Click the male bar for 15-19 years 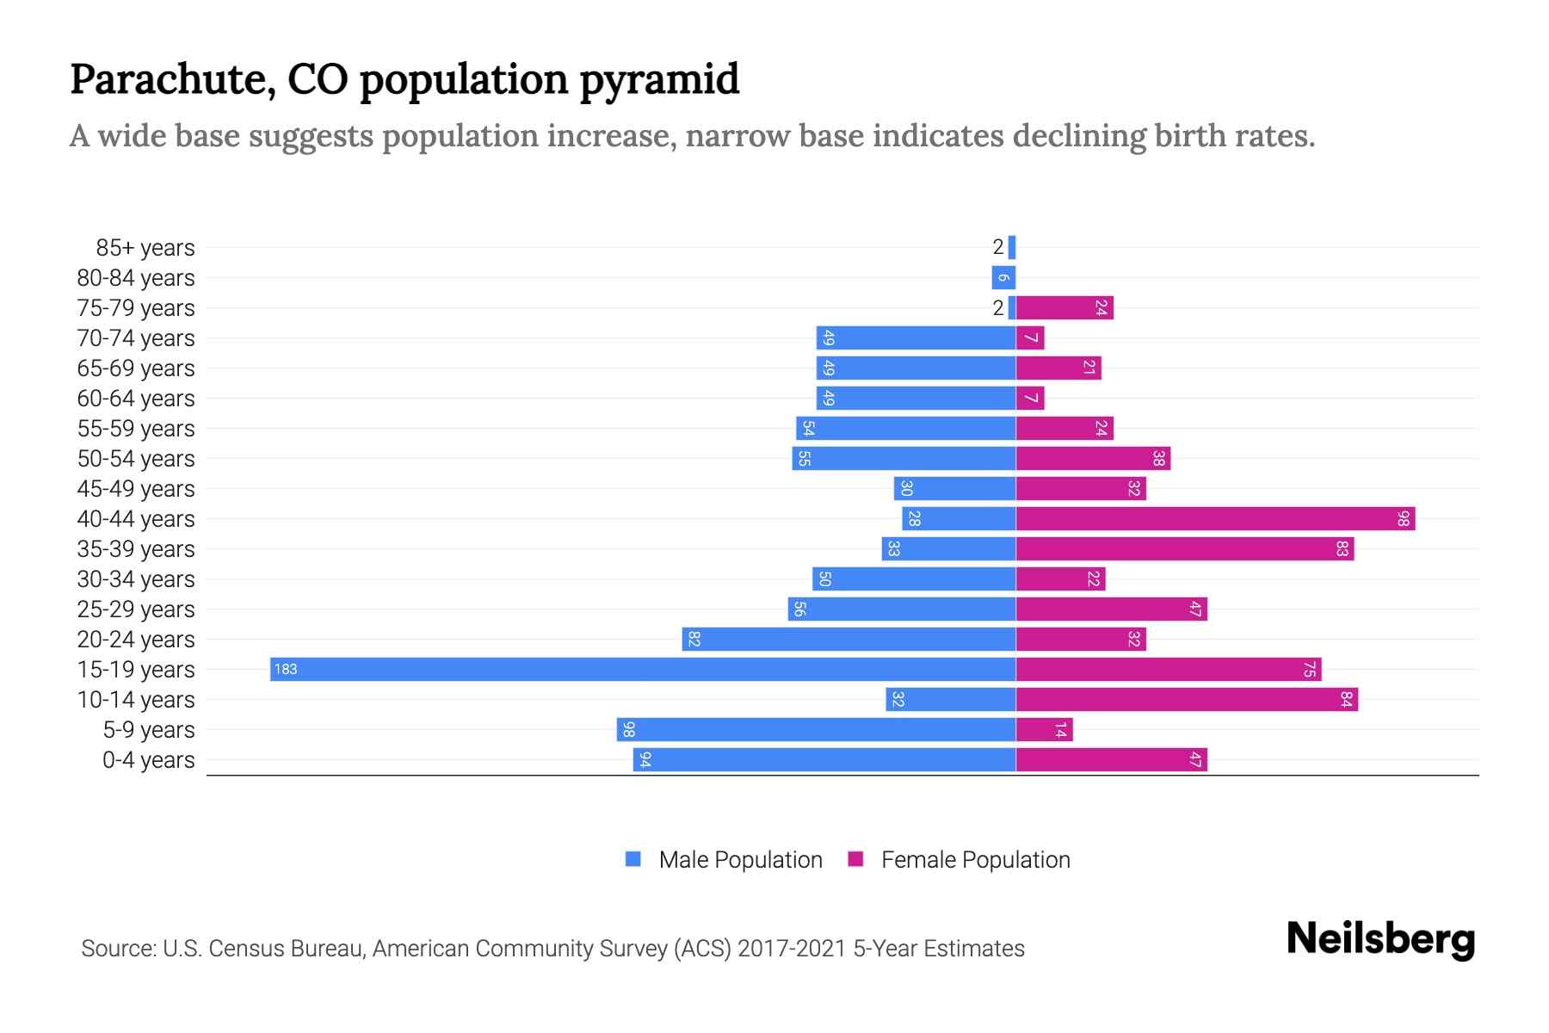click(642, 670)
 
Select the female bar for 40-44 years click(1215, 519)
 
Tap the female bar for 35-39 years click(1184, 549)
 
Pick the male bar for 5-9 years click(816, 730)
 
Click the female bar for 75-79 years click(1065, 308)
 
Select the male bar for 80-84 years click(1003, 278)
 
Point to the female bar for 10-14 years click(1187, 700)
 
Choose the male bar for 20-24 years click(849, 640)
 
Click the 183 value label click(286, 670)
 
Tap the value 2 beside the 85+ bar click(997, 248)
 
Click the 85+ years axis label click(145, 248)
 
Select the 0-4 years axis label click(148, 760)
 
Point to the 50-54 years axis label click(136, 459)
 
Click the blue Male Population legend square click(633, 859)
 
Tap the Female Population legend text click(975, 860)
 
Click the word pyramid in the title click(658, 80)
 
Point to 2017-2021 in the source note click(792, 949)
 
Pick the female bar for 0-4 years click(1111, 760)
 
